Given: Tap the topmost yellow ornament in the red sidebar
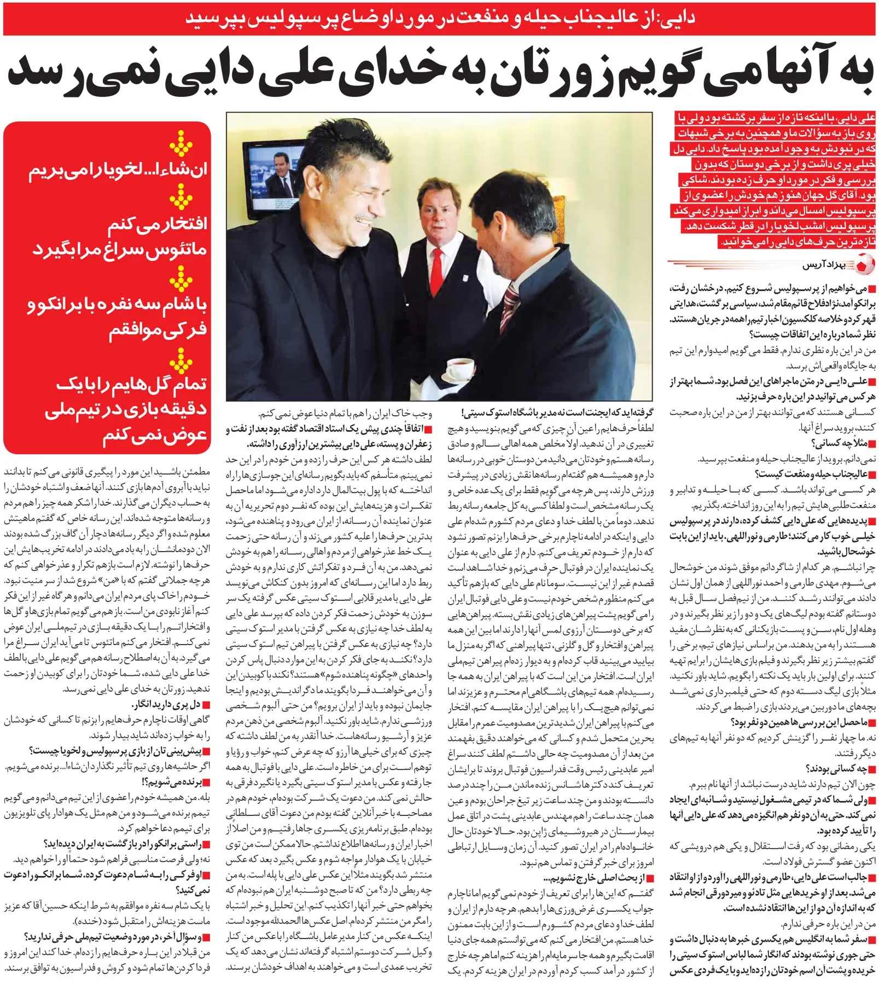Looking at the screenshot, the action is (180, 143).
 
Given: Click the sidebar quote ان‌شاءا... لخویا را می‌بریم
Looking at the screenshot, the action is (118, 170).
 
